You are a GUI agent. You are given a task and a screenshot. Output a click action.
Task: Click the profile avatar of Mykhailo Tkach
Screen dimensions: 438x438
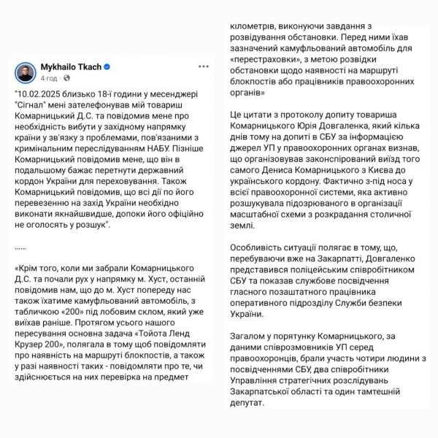(x=26, y=72)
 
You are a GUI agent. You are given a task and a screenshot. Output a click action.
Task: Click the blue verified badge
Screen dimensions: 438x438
(x=107, y=66)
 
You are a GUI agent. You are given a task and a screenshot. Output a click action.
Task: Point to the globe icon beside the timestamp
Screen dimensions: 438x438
(x=66, y=77)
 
